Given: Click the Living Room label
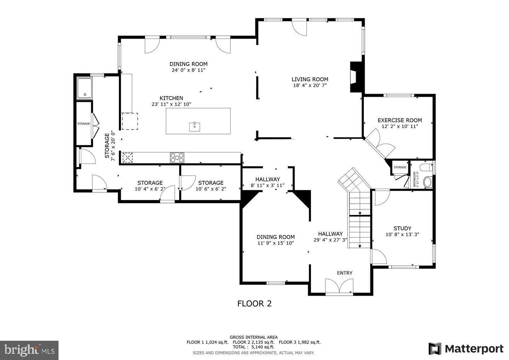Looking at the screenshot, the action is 310,79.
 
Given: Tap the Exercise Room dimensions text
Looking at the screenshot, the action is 400,126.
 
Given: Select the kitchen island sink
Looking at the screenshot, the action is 194,127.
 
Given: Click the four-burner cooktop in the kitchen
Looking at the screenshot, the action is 177,158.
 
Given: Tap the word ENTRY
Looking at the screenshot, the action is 345,273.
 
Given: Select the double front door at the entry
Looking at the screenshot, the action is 339,286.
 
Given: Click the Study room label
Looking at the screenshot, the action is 402,228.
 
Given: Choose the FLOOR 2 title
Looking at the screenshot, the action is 255,304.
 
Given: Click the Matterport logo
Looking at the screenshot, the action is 466,349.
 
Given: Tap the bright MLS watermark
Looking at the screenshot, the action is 29,350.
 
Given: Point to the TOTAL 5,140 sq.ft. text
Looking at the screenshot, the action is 253,347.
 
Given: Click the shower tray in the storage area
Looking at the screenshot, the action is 84,88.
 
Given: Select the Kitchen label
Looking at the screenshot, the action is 171,98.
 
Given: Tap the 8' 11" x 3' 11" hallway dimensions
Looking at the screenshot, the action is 268,185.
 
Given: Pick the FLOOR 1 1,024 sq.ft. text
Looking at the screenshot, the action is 207,342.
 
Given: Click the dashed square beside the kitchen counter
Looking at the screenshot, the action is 130,121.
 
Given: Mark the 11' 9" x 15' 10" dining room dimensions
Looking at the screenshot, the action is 276,243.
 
